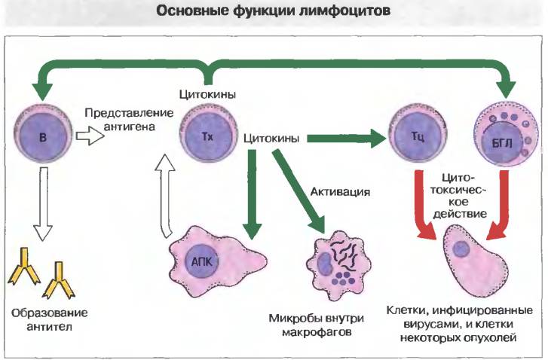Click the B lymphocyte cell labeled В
coord(43,134)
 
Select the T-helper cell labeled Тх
coord(208,134)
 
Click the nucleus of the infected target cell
coord(461,249)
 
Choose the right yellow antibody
coord(58,280)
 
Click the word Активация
coord(340,192)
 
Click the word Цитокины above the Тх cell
coord(207,94)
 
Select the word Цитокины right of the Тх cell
coord(271,139)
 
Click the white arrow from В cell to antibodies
coord(43,204)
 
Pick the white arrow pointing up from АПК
coord(165,197)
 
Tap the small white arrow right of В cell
coord(90,136)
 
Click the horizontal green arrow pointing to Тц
coord(347,139)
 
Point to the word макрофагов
coord(317,332)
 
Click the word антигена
coord(130,127)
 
